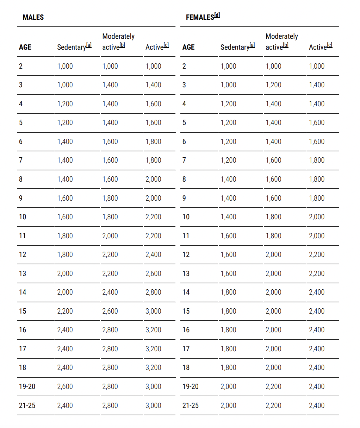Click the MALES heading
click(x=33, y=17)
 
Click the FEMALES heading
click(x=200, y=17)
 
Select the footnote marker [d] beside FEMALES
click(x=217, y=15)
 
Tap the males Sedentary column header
click(x=72, y=47)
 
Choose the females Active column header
click(x=318, y=47)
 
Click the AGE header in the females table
click(x=188, y=47)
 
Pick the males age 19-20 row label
click(x=27, y=386)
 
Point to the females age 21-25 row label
click(x=191, y=405)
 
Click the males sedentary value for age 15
click(x=65, y=311)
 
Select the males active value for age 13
click(x=153, y=273)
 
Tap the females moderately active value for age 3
click(x=273, y=85)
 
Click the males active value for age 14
click(x=153, y=292)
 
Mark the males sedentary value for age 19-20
click(x=65, y=386)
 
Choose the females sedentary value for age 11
click(x=228, y=236)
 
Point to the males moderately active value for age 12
click(x=110, y=254)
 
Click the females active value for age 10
click(x=317, y=217)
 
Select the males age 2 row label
click(x=21, y=66)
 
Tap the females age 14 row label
click(x=186, y=292)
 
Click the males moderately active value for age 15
click(x=110, y=311)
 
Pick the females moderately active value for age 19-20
click(x=273, y=386)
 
